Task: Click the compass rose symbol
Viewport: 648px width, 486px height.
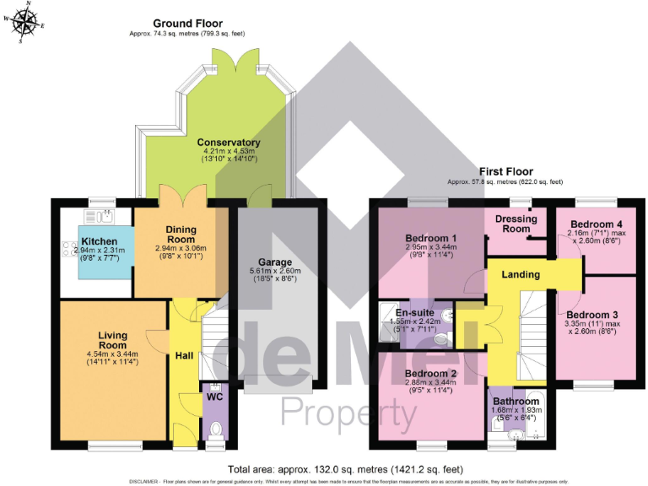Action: point(24,23)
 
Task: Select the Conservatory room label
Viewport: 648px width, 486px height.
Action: point(228,143)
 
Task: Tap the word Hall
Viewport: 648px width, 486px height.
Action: point(184,356)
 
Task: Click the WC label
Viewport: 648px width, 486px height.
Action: point(214,394)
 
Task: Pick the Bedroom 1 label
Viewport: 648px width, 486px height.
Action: point(430,238)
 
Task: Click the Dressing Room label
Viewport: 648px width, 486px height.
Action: point(516,224)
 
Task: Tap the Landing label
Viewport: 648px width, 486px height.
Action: point(521,275)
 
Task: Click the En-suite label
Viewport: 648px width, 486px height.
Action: point(414,312)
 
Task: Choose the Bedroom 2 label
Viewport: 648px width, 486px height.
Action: point(430,374)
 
